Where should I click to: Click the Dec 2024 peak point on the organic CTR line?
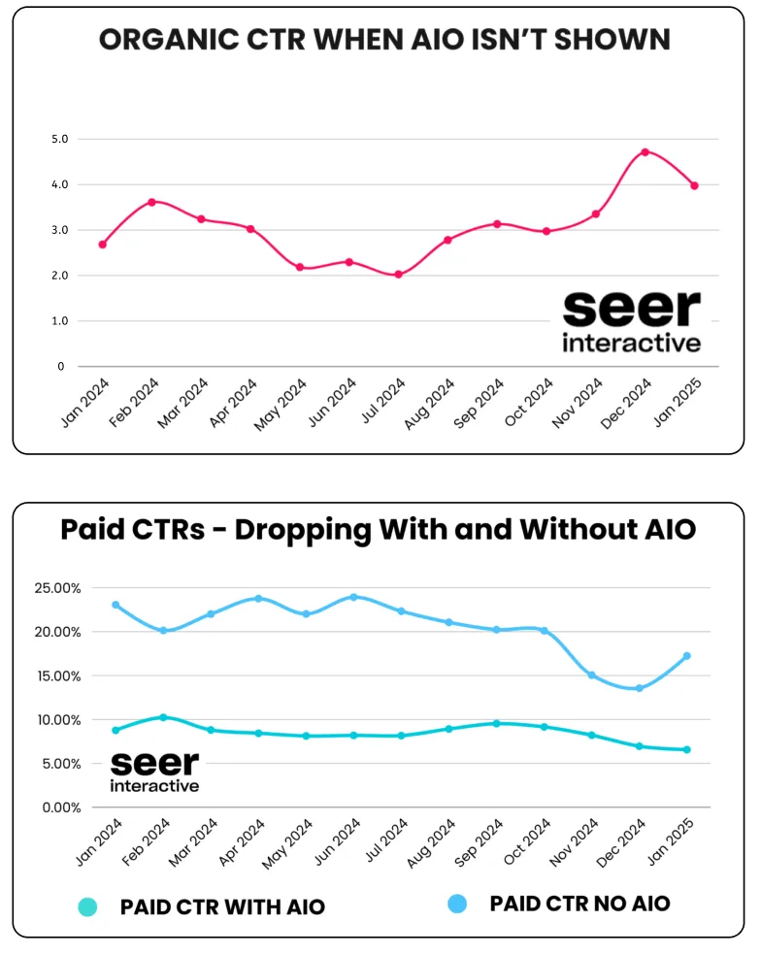coord(645,152)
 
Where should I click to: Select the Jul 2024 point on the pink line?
coord(398,275)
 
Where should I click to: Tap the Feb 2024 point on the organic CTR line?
coord(151,202)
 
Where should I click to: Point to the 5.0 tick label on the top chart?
coord(59,139)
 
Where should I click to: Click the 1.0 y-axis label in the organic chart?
coord(59,321)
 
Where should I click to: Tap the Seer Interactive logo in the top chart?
coord(631,320)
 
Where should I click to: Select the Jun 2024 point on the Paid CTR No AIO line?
coord(353,597)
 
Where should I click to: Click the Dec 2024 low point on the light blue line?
coord(639,688)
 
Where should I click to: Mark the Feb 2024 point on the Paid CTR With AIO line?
coord(163,717)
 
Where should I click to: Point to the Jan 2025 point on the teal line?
coord(686,749)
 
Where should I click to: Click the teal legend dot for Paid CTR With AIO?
coord(87,906)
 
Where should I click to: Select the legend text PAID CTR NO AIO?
coord(579,904)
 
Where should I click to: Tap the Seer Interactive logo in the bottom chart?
coord(154,771)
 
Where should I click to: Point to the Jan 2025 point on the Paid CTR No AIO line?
coord(686,656)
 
